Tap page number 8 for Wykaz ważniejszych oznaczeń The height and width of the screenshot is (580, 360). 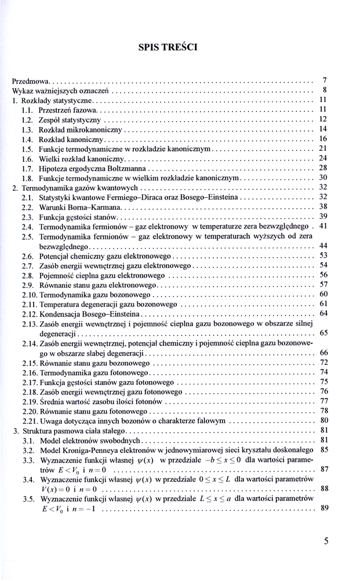325,90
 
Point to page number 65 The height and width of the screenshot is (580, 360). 323,333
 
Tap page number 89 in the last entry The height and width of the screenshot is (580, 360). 324,509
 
